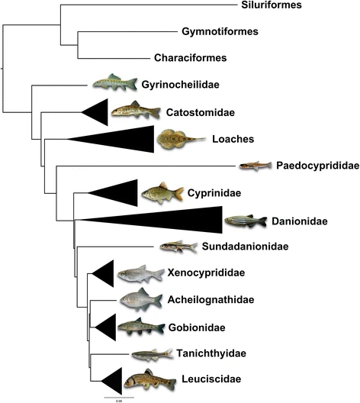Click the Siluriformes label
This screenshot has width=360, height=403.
pos(272,5)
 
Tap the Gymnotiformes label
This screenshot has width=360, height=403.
pos(220,31)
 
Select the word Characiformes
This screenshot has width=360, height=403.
pos(190,57)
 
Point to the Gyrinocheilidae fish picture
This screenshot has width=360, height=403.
pos(114,82)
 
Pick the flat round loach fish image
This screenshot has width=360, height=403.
pos(182,140)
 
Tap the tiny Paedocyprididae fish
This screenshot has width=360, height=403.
pos(256,166)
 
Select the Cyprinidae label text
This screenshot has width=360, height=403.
pos(214,193)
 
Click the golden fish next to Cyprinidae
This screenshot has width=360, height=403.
pos(162,193)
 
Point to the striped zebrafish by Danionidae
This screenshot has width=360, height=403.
pos(246,221)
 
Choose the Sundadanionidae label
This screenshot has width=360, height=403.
pos(246,247)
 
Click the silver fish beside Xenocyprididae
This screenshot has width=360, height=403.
pos(140,274)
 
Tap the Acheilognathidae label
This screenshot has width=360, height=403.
pos(211,300)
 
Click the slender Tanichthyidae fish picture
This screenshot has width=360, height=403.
pos(153,355)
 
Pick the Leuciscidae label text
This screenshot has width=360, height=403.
pos(211,379)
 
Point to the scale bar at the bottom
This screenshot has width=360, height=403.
pos(119,398)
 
